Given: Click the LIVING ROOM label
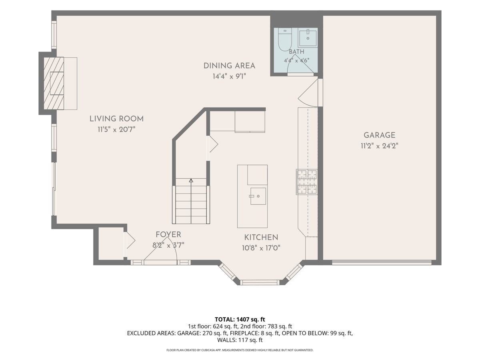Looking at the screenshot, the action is [116, 119].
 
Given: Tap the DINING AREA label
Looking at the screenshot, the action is [229, 66].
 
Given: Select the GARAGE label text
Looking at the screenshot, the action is [380, 135].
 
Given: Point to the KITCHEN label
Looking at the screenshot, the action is [261, 237].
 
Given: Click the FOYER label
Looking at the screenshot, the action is [168, 234].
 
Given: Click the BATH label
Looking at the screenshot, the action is [296, 52].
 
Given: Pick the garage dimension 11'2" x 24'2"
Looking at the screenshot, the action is [380, 146].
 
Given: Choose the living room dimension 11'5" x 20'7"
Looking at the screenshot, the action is [116, 130].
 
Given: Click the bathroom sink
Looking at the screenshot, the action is [308, 38].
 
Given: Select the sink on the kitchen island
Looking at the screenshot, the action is [258, 196].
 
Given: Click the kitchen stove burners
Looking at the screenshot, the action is [307, 182].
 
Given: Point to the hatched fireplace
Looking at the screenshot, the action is [54, 83].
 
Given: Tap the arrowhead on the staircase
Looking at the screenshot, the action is [191, 180].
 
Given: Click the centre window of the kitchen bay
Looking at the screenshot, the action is [260, 282].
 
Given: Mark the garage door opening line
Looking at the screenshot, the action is [382, 262].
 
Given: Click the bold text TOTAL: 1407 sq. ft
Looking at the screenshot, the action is [240, 319].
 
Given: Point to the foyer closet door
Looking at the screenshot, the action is [129, 240].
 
